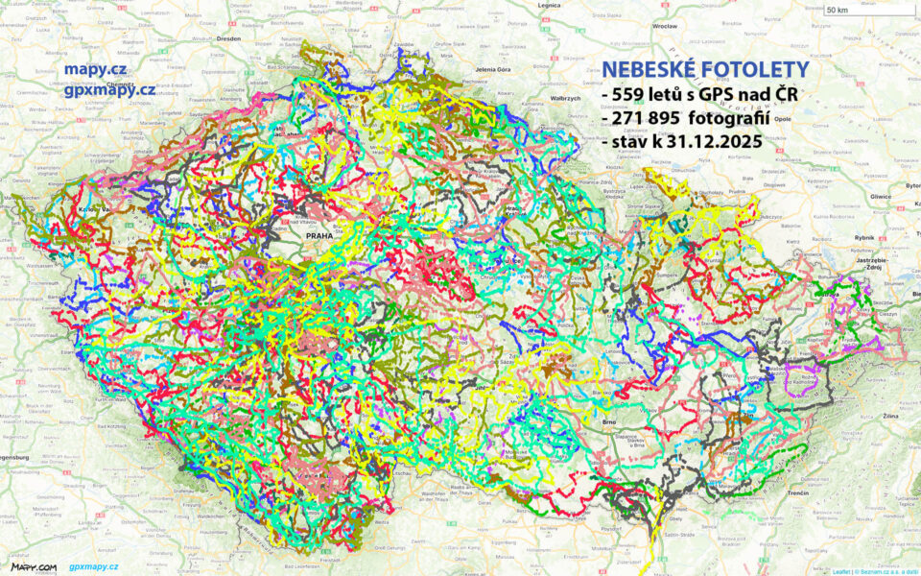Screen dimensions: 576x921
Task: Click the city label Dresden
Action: (x=228, y=39)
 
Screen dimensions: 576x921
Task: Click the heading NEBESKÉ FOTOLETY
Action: (x=686, y=70)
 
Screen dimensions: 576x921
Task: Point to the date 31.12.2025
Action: (x=709, y=141)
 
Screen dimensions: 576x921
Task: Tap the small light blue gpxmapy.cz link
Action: (x=93, y=566)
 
